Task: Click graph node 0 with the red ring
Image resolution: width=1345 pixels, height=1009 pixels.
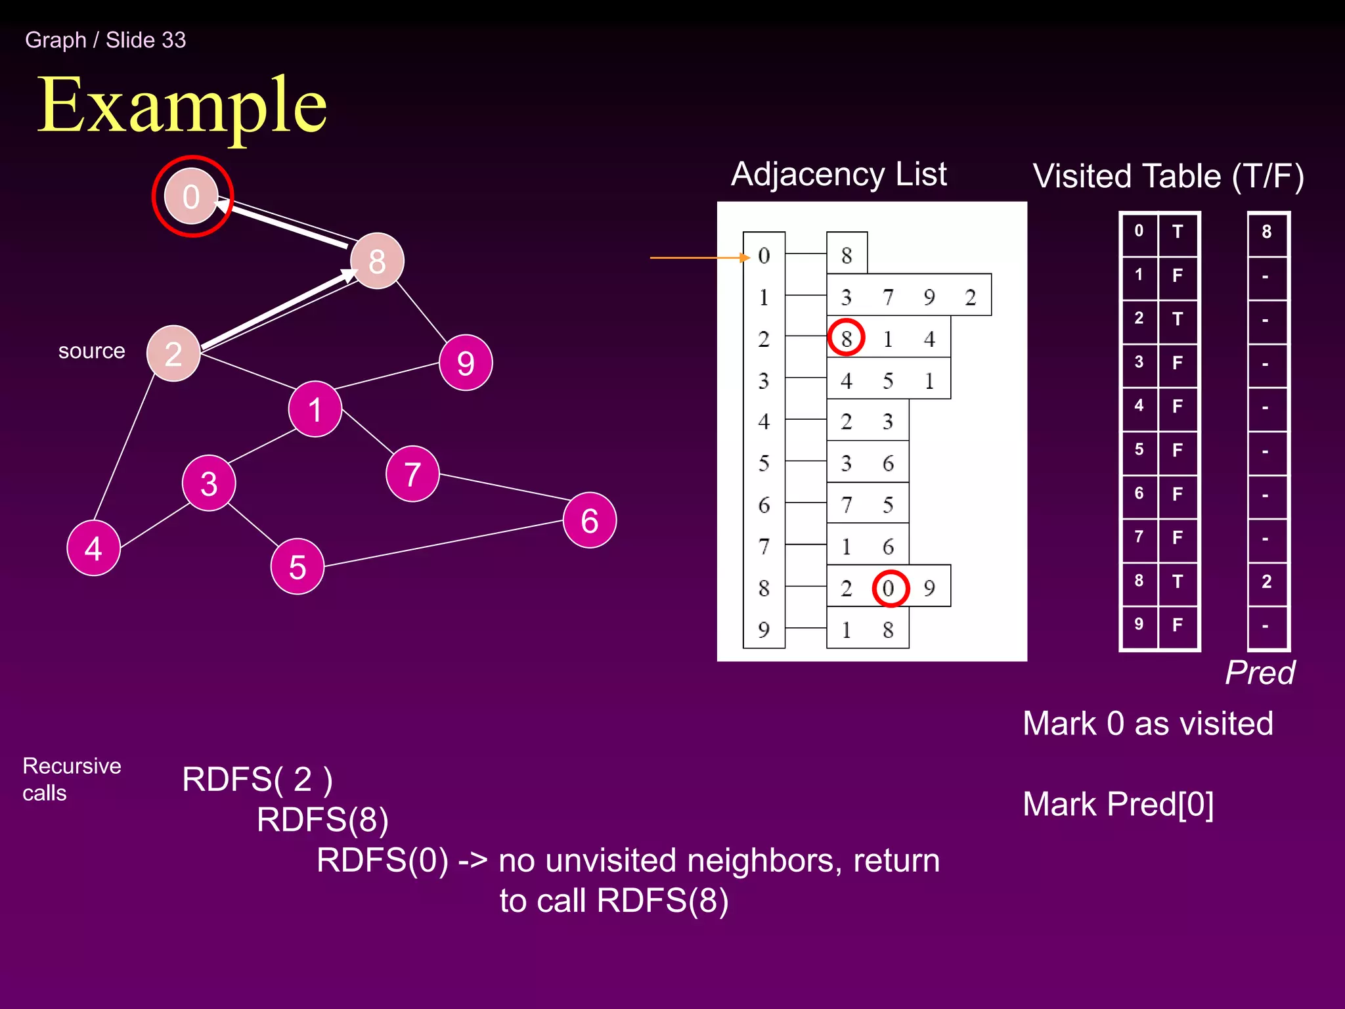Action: click(191, 196)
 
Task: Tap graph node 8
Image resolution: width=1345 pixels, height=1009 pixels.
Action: click(377, 261)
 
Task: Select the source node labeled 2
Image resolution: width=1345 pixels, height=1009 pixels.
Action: click(173, 353)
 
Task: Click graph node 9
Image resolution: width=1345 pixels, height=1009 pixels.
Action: click(466, 363)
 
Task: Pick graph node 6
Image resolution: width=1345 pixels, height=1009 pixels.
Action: click(590, 520)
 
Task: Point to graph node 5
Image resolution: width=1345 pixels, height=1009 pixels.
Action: click(298, 566)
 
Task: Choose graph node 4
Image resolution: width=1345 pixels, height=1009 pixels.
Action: click(94, 548)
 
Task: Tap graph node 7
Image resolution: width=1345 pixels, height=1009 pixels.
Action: click(412, 474)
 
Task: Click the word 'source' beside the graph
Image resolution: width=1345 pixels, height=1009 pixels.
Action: click(91, 351)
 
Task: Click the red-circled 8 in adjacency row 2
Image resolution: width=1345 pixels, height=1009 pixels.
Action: click(846, 338)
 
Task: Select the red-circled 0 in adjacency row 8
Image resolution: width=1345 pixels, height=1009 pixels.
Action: click(890, 588)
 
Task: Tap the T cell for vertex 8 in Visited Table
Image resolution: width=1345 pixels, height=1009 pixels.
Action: click(1178, 581)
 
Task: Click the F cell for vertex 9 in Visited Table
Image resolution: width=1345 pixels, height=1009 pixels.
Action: click(1178, 625)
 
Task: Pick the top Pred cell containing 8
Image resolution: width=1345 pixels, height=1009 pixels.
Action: click(1267, 232)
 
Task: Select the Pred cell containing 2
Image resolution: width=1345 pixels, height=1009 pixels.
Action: click(1267, 581)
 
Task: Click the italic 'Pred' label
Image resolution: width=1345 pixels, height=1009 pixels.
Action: click(1260, 673)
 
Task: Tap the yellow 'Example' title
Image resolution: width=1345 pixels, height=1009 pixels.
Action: click(182, 105)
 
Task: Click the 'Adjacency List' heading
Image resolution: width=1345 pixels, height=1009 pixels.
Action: click(839, 174)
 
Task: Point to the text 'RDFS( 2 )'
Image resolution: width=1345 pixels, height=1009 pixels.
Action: click(257, 779)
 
